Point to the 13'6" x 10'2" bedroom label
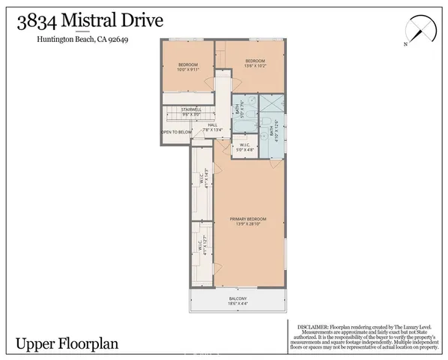[257, 64]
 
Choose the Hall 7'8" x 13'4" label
[202, 127]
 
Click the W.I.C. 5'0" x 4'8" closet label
[244, 148]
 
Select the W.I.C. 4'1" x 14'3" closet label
[202, 178]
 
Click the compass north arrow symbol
[420, 31]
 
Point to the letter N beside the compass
[405, 44]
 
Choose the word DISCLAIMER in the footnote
[312, 327]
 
